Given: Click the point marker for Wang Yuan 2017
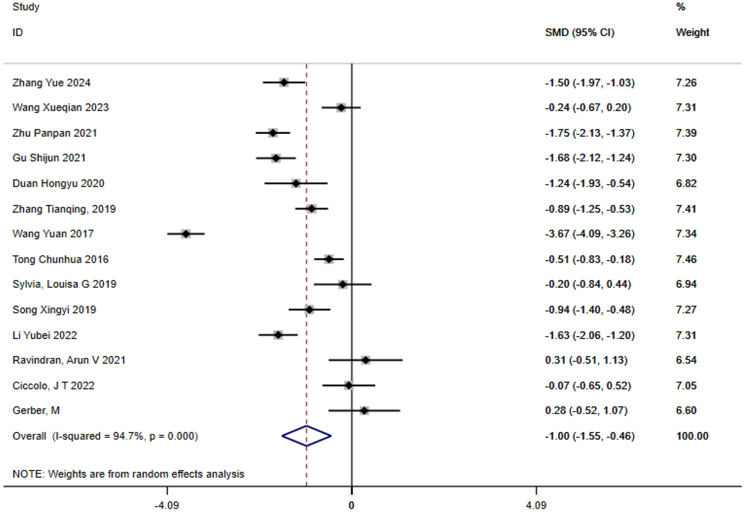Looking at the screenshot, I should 186,234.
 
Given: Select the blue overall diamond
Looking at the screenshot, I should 306,436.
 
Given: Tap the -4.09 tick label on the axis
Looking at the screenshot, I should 166,505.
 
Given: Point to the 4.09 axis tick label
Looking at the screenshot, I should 536,505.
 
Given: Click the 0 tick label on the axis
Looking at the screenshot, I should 351,505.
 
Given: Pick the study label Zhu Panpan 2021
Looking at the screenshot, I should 55,133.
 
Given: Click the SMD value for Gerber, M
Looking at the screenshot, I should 586,410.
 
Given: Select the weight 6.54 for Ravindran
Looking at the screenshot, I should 686,360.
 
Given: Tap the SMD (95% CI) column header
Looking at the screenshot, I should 579,32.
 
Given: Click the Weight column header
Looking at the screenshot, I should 692,32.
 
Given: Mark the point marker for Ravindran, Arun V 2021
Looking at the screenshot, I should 365,360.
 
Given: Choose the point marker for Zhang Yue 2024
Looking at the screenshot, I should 284,82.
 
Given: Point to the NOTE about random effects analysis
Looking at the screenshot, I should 128,474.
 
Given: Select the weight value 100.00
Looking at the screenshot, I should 692,436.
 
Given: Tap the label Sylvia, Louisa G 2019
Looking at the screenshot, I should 64,284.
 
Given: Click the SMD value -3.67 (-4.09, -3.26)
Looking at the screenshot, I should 589,234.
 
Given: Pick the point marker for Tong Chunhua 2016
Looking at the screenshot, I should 329,259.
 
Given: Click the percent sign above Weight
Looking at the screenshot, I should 681,7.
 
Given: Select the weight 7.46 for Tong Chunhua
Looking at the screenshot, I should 686,259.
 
